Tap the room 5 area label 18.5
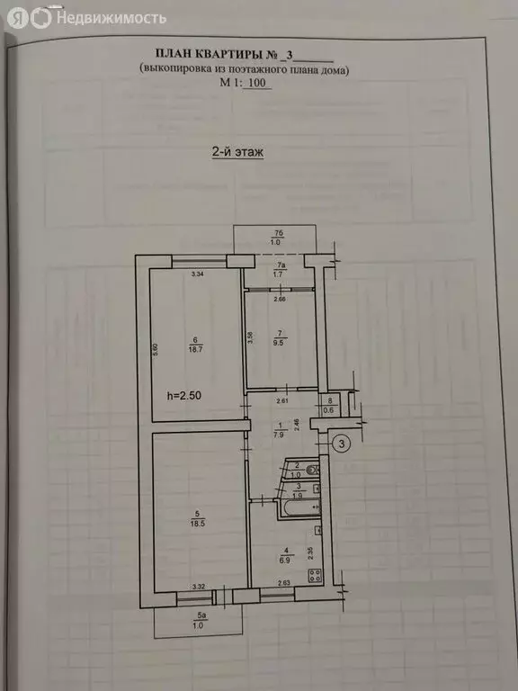(x=194, y=523)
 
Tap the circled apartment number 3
(x=341, y=443)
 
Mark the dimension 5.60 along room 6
(x=156, y=350)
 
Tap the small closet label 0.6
(x=330, y=411)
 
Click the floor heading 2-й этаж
(x=237, y=153)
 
